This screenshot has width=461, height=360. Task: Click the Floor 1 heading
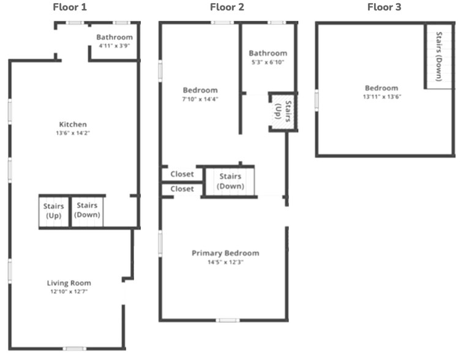[70, 7]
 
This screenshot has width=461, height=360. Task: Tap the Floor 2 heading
[227, 7]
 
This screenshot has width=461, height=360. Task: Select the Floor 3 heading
[384, 7]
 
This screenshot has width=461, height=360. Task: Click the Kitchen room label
[73, 124]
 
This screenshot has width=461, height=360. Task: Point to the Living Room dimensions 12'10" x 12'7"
[69, 291]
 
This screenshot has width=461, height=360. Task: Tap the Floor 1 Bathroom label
[114, 37]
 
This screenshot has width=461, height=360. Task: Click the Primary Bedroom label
[225, 253]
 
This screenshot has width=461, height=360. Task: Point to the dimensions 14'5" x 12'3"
[225, 262]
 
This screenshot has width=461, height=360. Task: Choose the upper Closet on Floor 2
[182, 174]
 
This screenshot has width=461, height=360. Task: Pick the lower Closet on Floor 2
[182, 189]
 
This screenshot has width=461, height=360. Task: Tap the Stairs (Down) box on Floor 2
[230, 181]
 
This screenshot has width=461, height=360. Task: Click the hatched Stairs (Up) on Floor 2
[283, 111]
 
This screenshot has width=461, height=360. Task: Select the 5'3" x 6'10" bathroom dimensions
[268, 62]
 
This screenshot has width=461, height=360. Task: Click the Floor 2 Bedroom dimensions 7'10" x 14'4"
[200, 99]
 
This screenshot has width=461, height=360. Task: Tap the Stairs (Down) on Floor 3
[439, 56]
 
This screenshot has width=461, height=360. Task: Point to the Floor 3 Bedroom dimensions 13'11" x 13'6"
[382, 97]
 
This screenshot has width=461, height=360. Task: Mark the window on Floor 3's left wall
[317, 100]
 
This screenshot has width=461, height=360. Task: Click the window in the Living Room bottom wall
[75, 349]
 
